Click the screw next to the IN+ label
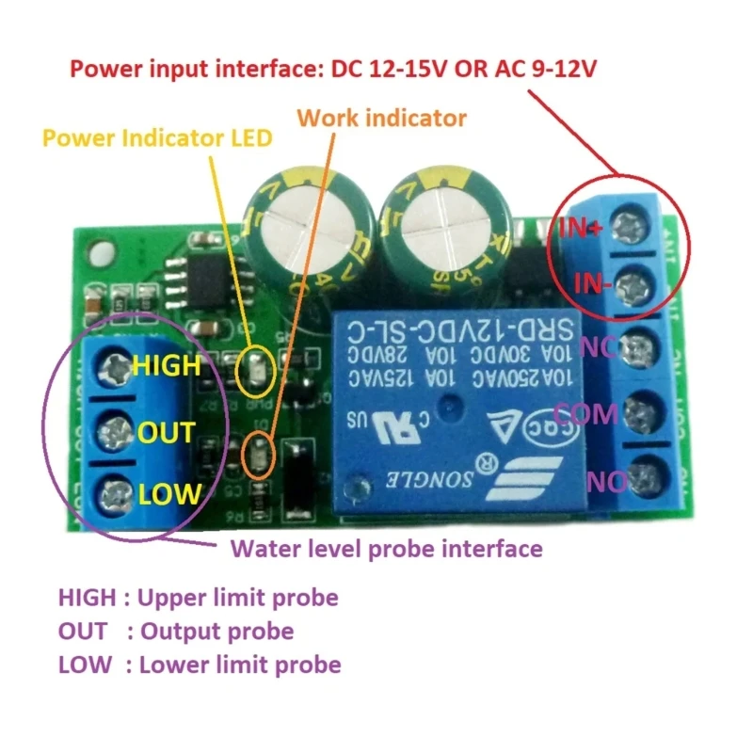tap(632, 225)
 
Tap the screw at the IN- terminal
tap(633, 280)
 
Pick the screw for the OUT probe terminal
tap(117, 432)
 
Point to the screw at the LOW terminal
tap(117, 490)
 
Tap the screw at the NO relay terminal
tap(644, 471)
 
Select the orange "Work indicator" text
tap(381, 118)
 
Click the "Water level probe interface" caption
tap(387, 548)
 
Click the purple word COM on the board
tap(585, 413)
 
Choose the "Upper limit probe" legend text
tap(238, 597)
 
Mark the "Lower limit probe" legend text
tap(239, 665)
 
